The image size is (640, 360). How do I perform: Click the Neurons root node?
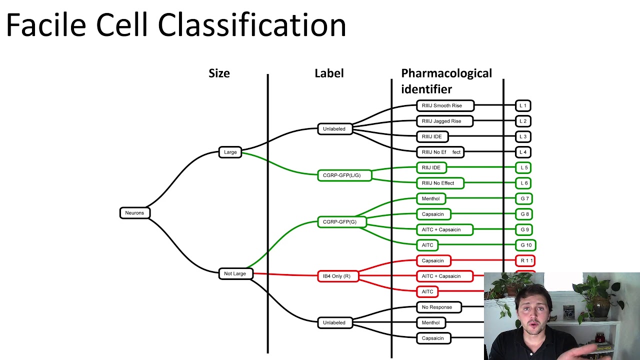(134, 213)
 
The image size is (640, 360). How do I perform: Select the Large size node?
(230, 152)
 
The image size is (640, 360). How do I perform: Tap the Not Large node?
(235, 273)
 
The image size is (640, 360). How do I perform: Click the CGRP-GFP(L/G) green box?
(344, 175)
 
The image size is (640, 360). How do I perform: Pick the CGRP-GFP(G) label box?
(341, 221)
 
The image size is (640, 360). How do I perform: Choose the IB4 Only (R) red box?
(337, 276)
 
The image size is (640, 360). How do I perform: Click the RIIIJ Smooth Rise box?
(444, 105)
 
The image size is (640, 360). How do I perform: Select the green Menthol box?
(430, 198)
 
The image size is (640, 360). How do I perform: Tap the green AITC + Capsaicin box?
(444, 229)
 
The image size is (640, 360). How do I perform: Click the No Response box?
(438, 307)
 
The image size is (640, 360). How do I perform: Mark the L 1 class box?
(523, 105)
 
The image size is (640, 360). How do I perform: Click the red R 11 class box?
(525, 260)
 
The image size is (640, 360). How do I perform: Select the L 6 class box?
(523, 183)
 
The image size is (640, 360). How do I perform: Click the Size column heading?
(219, 73)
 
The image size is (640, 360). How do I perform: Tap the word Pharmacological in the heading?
(446, 73)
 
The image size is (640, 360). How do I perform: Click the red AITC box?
(427, 291)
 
